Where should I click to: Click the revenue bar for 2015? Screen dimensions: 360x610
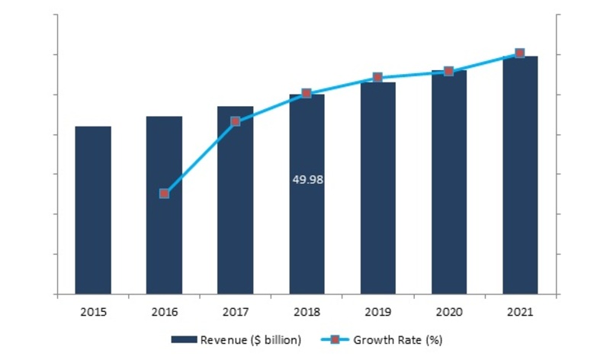(93, 210)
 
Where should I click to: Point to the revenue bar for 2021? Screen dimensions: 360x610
(520, 175)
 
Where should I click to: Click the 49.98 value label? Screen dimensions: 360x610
(307, 180)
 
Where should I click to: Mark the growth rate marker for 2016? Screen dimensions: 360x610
(164, 194)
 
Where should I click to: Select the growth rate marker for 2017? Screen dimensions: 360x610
(236, 121)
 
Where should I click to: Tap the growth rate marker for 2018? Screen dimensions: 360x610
(307, 93)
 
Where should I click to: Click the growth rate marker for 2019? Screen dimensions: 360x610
(377, 77)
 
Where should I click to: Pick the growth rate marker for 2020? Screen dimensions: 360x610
(449, 71)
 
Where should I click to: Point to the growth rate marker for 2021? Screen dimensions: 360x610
(520, 53)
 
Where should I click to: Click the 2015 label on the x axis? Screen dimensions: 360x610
(93, 312)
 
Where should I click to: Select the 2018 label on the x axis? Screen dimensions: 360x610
(307, 312)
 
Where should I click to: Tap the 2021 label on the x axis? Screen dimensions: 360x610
(520, 312)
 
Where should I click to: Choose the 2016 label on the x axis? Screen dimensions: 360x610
(164, 312)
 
